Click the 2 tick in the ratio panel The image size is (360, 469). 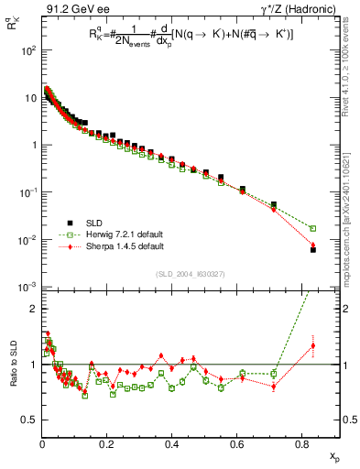[33, 309]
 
